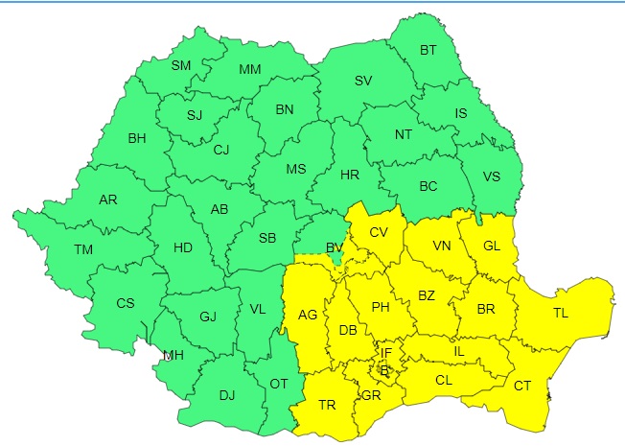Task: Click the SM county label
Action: coord(181,66)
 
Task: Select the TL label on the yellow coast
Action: coord(560,313)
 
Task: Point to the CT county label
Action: coord(522,386)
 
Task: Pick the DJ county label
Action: coord(227,394)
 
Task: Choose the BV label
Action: coord(335,247)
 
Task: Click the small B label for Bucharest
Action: coord(384,369)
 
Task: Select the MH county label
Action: coord(173,355)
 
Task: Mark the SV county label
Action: coord(363,81)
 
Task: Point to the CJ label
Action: coord(221,149)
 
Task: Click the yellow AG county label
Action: coord(308,314)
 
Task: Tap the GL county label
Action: coord(492,246)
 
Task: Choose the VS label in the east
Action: coord(492,176)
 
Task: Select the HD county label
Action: coord(183,247)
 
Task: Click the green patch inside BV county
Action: coord(336,259)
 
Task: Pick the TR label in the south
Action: coord(327,405)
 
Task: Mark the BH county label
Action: coord(137,138)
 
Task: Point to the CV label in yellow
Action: coord(379,232)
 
